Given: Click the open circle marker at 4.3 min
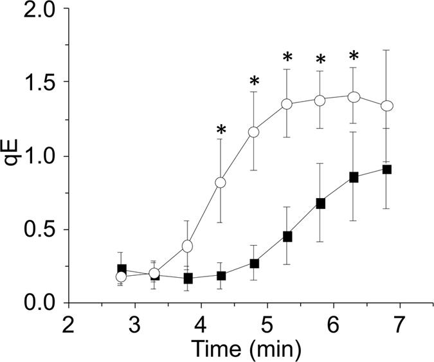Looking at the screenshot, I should click(x=221, y=183).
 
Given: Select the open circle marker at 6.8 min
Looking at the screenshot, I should click(x=386, y=105).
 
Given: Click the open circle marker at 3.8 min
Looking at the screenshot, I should click(x=188, y=246).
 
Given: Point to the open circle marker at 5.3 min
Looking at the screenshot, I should click(x=287, y=104).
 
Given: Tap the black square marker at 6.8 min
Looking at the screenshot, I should click(x=386, y=169).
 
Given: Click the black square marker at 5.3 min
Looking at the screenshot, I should click(x=287, y=237).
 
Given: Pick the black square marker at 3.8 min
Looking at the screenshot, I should click(x=188, y=278).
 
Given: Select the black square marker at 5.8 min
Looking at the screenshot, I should click(x=320, y=203).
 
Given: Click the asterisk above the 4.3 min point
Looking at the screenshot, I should click(x=221, y=130).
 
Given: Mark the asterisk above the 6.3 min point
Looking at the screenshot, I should click(x=353, y=57).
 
